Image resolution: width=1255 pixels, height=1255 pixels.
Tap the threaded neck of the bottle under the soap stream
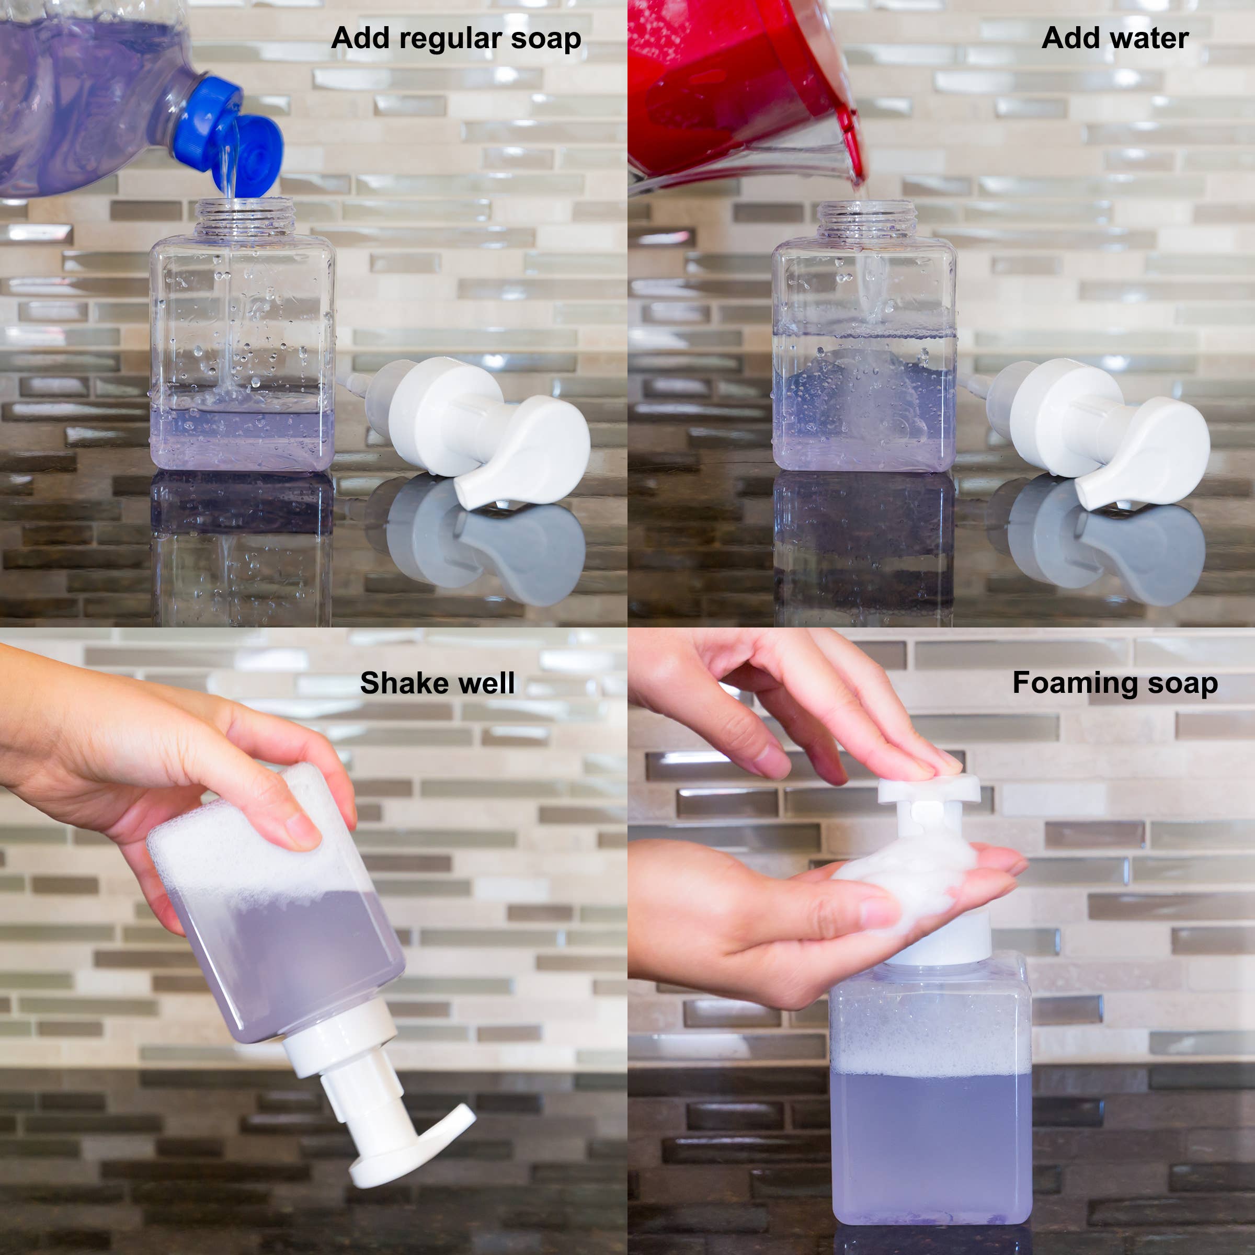pyautogui.click(x=244, y=217)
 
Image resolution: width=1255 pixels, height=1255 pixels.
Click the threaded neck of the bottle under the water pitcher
pyautogui.click(x=866, y=220)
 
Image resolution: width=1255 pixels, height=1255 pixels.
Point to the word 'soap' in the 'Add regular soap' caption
pyautogui.click(x=545, y=39)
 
